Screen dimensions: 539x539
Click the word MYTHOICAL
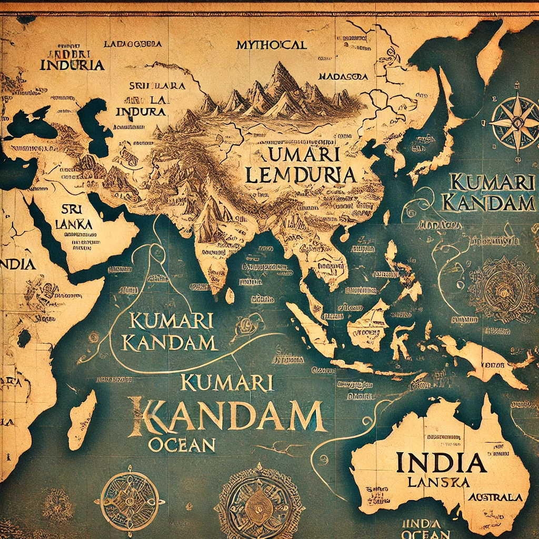point(272,45)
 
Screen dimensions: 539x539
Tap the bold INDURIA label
point(72,66)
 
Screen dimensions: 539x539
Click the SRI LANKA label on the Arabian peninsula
point(73,216)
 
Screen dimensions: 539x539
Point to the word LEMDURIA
point(300,176)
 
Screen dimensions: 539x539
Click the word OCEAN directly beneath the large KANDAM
point(182,445)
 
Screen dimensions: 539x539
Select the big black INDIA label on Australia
point(441,463)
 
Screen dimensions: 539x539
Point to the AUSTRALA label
point(497,497)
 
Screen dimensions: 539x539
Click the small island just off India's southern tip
point(230,296)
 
